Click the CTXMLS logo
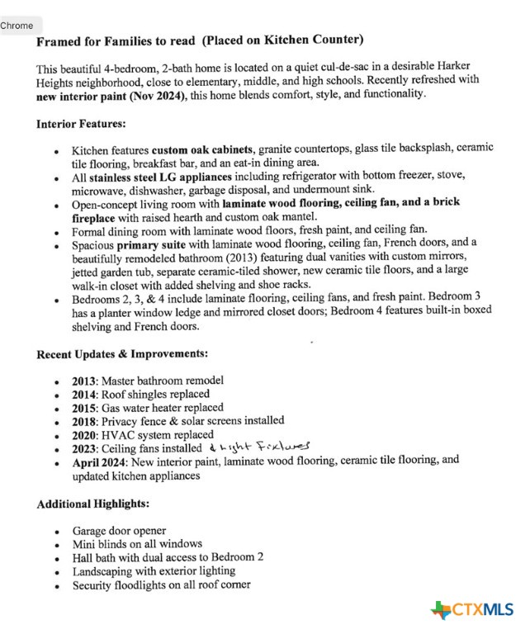click(x=472, y=610)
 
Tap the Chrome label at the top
click(x=17, y=26)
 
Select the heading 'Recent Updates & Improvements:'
click(x=122, y=354)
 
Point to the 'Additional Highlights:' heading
click(x=92, y=503)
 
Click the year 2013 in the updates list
click(x=83, y=381)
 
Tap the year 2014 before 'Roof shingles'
click(x=83, y=394)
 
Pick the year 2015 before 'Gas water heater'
click(x=83, y=408)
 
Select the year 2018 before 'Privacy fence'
click(x=83, y=421)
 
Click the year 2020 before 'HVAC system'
click(x=83, y=434)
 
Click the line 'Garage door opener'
click(x=119, y=531)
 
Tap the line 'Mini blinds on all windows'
click(x=137, y=544)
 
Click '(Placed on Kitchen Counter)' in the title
click(x=283, y=39)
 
